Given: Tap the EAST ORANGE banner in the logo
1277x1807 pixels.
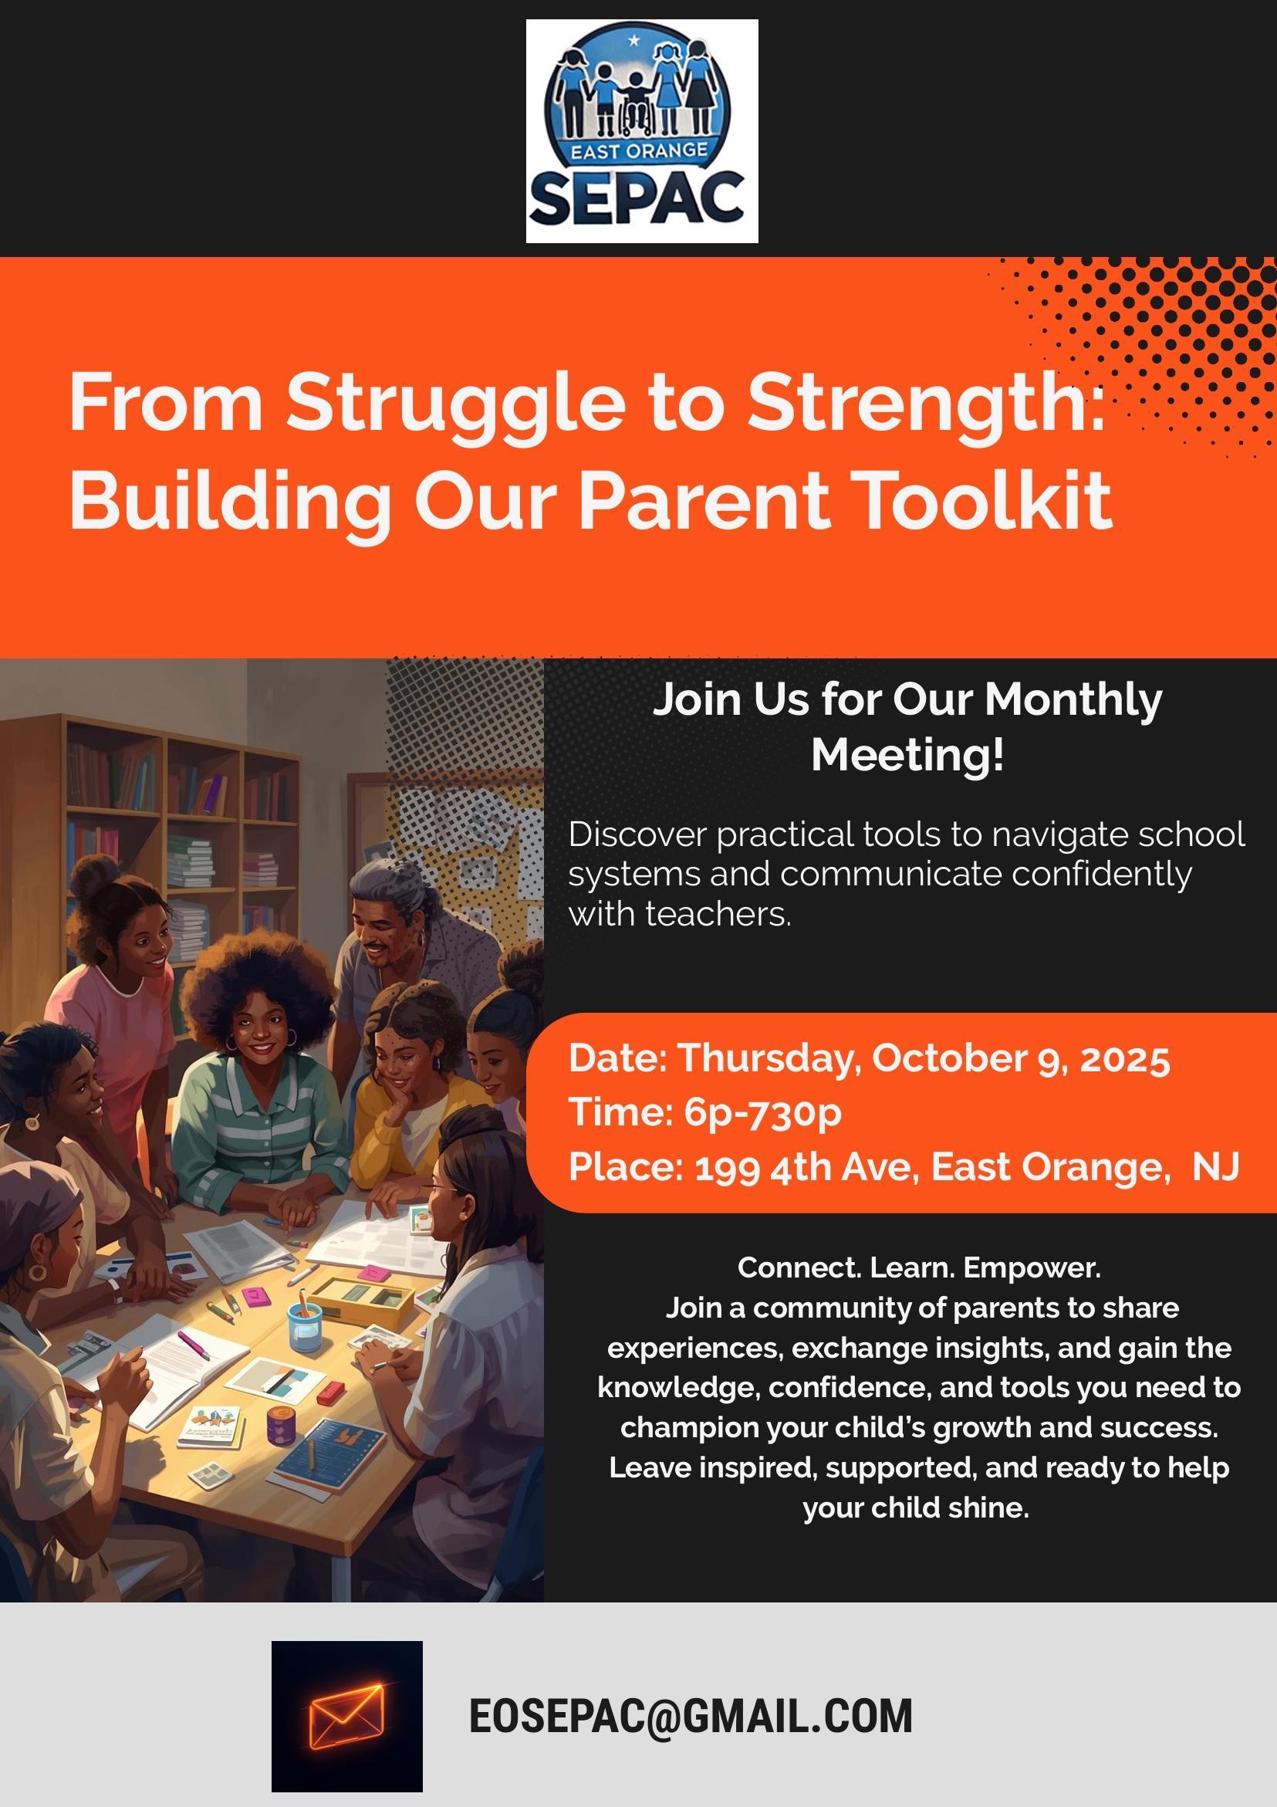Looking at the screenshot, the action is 638,151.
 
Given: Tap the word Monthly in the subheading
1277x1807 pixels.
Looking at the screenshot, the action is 1073,699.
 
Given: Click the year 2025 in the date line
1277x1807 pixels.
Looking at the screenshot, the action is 1125,1059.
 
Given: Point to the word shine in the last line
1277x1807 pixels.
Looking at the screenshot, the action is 988,1508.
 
